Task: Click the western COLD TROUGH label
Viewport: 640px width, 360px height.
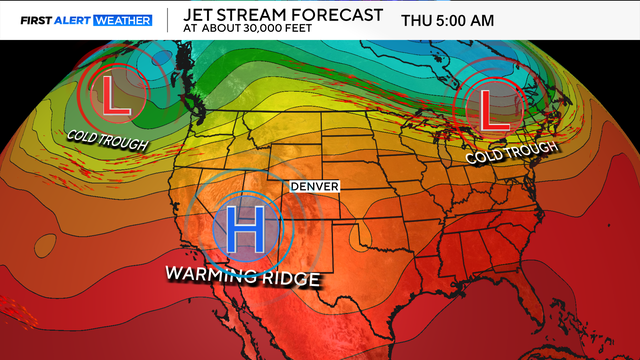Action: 107,139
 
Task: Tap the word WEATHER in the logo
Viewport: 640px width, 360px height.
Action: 124,19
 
